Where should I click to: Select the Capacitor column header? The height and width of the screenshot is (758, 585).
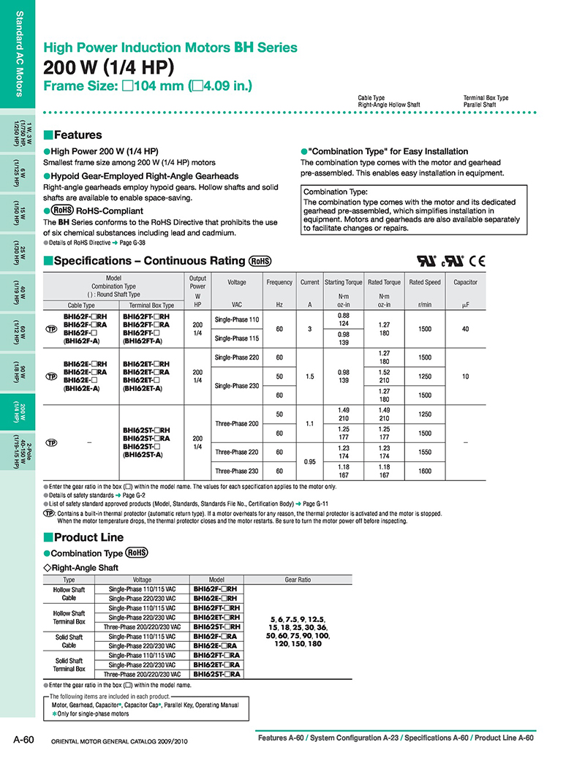tap(465, 282)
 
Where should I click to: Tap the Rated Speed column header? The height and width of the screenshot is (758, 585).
tap(425, 282)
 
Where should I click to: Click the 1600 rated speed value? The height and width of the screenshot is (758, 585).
tap(425, 471)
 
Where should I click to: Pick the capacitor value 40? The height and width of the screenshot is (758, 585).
tap(465, 329)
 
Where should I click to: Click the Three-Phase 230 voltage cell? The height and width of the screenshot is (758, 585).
tap(237, 471)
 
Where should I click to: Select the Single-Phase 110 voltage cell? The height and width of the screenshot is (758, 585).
tap(237, 319)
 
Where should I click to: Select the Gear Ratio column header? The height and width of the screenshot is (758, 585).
tap(298, 580)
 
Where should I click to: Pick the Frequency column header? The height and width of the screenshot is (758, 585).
tap(279, 282)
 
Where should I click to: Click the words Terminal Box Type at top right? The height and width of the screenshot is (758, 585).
tap(486, 98)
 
